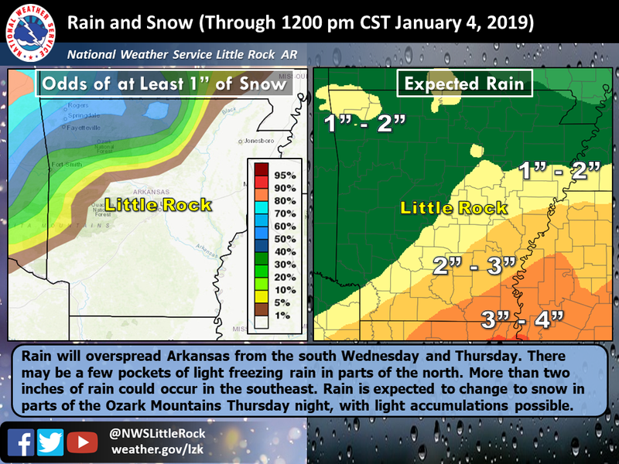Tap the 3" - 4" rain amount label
point(517,318)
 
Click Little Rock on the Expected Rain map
point(453,207)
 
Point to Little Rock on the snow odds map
point(158,205)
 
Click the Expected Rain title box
point(465,84)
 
